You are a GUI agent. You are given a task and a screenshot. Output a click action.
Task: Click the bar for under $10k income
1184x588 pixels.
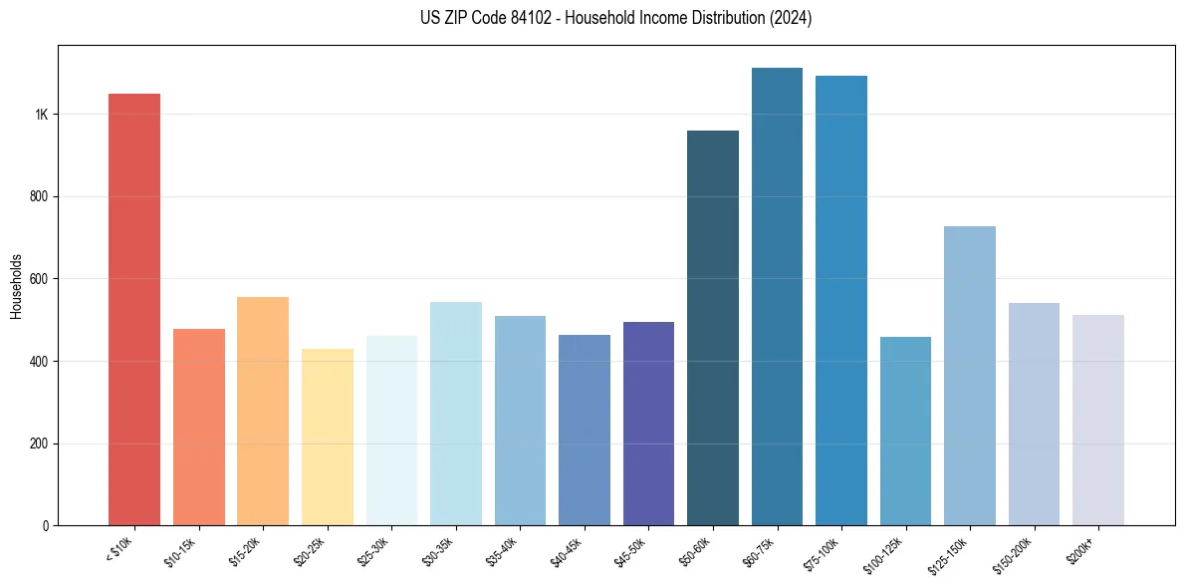click(x=134, y=309)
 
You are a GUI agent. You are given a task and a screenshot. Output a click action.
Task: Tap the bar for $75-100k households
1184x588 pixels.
click(x=841, y=300)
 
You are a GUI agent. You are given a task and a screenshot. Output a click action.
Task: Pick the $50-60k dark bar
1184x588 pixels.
click(x=713, y=328)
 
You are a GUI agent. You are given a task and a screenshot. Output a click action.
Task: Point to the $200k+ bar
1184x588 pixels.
click(x=1098, y=420)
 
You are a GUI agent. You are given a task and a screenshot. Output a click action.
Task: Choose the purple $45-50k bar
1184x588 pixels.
click(x=648, y=424)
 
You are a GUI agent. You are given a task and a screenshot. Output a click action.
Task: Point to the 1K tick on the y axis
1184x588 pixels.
click(x=41, y=115)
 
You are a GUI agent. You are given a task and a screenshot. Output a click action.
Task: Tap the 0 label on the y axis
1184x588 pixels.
click(x=45, y=526)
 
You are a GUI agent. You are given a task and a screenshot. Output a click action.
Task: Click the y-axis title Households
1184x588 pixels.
click(x=16, y=285)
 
